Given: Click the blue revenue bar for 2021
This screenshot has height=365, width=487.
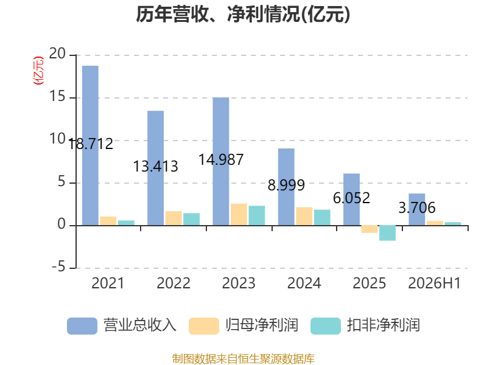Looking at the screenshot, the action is [x=90, y=145].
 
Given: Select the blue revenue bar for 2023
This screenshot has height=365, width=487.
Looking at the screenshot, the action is [x=221, y=161].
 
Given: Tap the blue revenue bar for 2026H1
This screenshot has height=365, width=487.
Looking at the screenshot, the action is [x=417, y=209].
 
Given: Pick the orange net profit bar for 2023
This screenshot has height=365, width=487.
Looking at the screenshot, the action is [x=239, y=215].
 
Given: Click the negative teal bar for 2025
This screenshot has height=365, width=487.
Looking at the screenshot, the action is [x=388, y=233].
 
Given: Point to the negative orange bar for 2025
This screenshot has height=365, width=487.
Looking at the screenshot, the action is [x=370, y=229].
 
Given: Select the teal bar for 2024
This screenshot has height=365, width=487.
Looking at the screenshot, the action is [x=322, y=218].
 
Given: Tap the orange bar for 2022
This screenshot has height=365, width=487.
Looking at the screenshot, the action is [x=173, y=218].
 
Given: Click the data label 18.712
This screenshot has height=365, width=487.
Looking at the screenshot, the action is [x=90, y=144].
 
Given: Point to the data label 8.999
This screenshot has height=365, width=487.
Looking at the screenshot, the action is [x=286, y=186].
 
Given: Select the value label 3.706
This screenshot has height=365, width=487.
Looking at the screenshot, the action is [x=417, y=207].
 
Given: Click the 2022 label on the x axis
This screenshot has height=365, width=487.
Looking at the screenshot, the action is [x=173, y=283].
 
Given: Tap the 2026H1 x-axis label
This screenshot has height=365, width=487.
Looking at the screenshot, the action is [x=434, y=283].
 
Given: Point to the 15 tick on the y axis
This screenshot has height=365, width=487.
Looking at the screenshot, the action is [x=57, y=97].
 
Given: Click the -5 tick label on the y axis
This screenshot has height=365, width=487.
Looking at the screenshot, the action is [x=58, y=267].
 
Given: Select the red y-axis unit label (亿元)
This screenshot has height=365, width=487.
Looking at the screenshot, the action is [x=38, y=71].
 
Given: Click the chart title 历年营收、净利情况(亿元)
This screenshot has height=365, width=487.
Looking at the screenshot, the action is [x=243, y=14].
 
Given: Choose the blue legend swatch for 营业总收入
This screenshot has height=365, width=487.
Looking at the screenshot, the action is [x=82, y=326].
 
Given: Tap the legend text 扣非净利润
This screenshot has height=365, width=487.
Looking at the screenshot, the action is [x=384, y=325].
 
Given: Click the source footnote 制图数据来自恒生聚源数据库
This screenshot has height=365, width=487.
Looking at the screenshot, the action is [x=243, y=359].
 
